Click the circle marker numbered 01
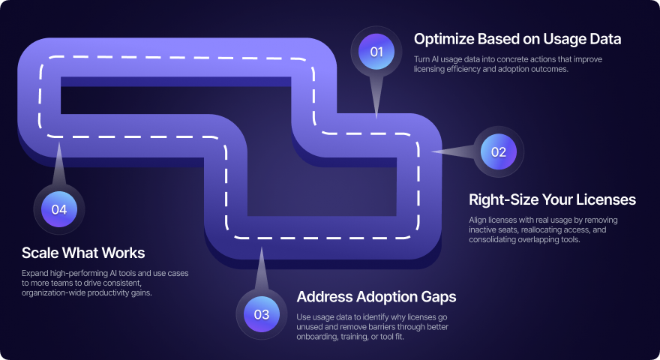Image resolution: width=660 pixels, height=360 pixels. coord(376,52)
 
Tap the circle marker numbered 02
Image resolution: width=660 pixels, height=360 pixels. coord(499,151)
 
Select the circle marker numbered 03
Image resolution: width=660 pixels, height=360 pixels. coord(261,314)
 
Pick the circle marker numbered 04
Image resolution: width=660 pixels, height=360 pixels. coord(59,209)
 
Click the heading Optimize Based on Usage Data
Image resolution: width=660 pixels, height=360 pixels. coord(517,37)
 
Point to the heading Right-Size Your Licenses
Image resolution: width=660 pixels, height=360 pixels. coord(552,199)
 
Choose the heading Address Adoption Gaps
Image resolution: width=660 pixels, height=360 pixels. coord(376,296)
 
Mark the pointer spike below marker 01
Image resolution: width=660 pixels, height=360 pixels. coord(376,97)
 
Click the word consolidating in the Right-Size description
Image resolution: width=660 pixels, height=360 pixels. coord(496,240)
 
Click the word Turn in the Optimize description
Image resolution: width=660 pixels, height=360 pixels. coord(422,59)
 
